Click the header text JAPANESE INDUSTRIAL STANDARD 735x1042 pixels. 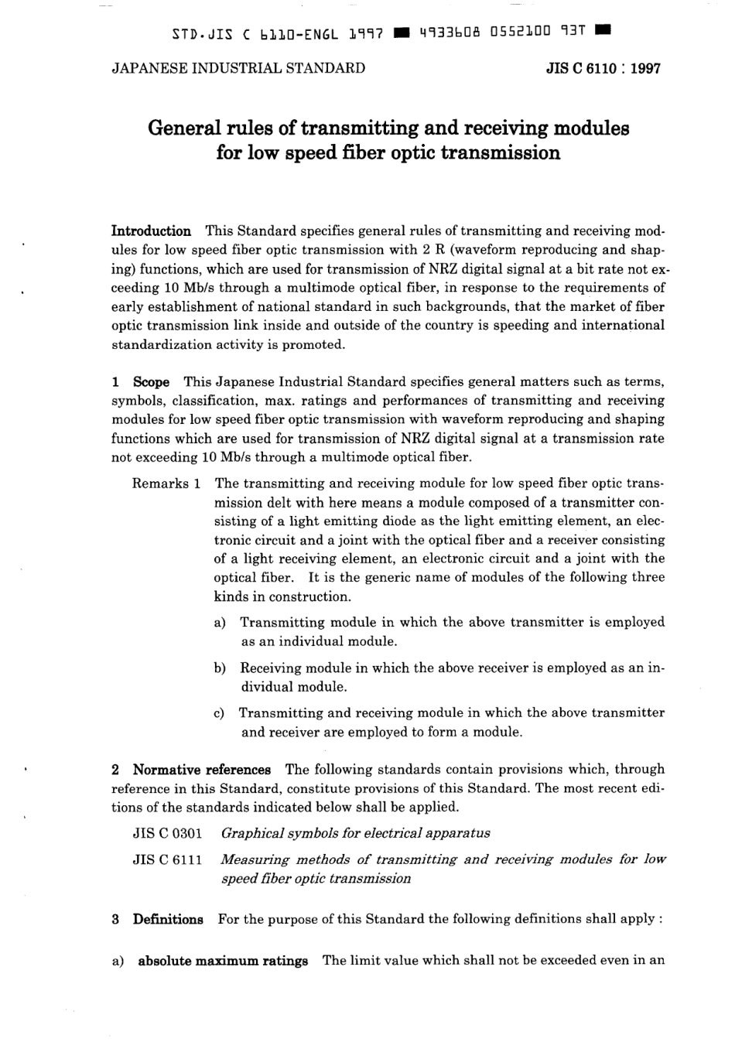click(238, 68)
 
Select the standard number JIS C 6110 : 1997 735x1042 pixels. click(603, 68)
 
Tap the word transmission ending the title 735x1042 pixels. click(500, 152)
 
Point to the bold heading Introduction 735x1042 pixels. click(152, 231)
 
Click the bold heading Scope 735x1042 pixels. click(151, 382)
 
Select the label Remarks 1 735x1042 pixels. click(166, 483)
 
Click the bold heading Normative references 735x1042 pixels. click(201, 770)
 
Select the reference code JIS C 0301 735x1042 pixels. click(167, 834)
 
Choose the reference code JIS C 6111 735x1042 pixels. click(167, 860)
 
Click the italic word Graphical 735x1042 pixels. click(251, 834)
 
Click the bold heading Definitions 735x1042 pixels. click(168, 920)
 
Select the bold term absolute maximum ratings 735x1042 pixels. click(223, 962)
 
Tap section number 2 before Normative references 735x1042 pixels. click(115, 770)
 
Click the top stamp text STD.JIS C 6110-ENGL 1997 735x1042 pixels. click(278, 33)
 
